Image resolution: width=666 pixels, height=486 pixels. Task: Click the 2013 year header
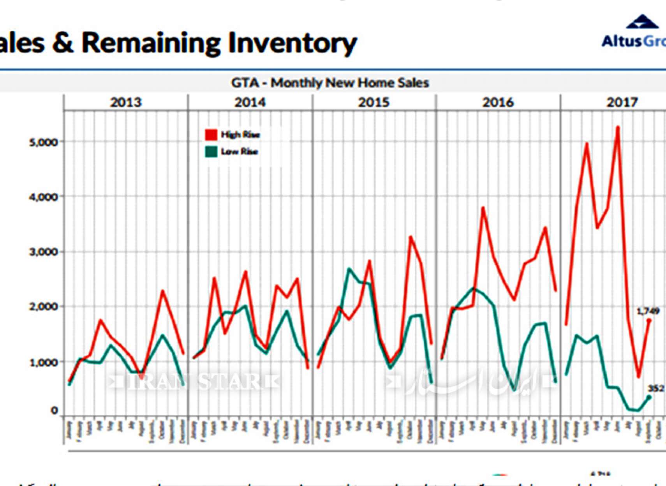125,102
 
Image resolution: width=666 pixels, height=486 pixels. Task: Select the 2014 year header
250,102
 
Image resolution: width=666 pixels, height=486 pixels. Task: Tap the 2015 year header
374,102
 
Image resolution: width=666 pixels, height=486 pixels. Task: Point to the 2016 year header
498,102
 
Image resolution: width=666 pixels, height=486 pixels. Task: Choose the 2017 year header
622,102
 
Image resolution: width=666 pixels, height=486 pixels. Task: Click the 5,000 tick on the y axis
43,142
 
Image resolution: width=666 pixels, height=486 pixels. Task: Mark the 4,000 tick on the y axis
43,197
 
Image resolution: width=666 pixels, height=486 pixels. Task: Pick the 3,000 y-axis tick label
43,252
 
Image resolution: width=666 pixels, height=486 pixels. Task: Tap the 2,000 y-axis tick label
43,307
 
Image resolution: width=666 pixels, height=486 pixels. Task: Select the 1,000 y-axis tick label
43,362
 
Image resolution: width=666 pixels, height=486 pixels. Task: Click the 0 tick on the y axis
54,410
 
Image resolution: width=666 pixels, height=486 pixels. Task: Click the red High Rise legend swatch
211,135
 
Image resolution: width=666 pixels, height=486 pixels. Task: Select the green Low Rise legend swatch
211,151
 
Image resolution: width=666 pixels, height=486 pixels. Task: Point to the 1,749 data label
648,311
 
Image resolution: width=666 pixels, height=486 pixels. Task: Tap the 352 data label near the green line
656,388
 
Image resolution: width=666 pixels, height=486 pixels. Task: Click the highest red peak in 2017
618,127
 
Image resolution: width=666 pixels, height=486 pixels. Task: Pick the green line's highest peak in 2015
349,269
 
